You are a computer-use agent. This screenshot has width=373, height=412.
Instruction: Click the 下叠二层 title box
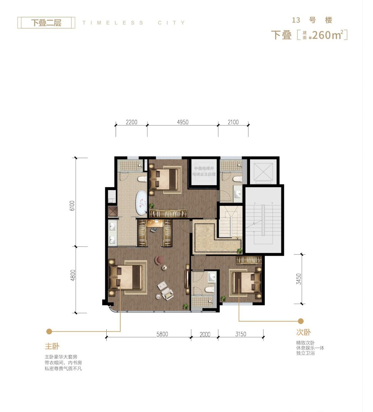(x=46, y=23)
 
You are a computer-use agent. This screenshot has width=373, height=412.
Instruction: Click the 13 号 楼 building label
(x=312, y=20)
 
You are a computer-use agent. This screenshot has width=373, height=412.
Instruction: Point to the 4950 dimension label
(x=183, y=122)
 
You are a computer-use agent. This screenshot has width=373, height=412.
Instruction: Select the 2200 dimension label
(x=131, y=122)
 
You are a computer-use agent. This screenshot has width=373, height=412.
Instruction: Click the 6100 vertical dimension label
(x=73, y=206)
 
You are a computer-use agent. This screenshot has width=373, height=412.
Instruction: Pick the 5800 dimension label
(x=162, y=334)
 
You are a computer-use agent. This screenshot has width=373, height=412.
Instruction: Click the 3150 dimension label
(x=241, y=334)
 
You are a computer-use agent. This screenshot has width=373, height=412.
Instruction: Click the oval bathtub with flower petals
(x=142, y=203)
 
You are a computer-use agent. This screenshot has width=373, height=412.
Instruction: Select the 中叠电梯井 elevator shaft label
(x=204, y=168)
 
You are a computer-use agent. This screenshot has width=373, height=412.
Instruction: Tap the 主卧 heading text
(x=52, y=346)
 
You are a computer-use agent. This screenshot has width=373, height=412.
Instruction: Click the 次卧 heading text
(x=304, y=332)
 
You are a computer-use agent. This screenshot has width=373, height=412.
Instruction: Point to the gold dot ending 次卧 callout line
(x=301, y=321)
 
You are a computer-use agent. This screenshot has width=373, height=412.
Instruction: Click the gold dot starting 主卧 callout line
(x=49, y=331)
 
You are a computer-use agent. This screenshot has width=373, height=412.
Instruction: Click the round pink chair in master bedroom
(x=159, y=260)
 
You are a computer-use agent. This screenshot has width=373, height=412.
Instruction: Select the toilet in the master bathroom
(x=142, y=178)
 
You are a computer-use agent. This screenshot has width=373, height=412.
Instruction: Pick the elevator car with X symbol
(x=263, y=172)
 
